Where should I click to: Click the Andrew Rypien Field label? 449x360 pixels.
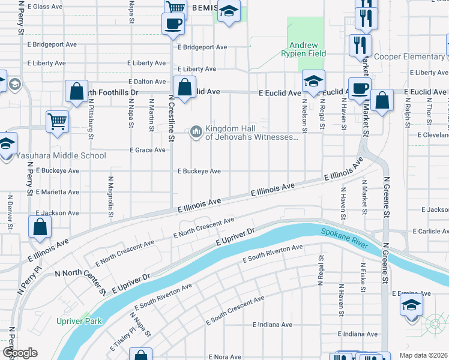tap(307, 49)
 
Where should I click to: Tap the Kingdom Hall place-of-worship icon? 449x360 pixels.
tap(196, 132)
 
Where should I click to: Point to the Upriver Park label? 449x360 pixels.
tap(79, 321)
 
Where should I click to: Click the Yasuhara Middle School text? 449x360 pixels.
tap(61, 156)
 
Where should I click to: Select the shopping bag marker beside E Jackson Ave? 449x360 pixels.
tap(40, 227)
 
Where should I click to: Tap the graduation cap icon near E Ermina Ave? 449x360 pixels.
tap(411, 304)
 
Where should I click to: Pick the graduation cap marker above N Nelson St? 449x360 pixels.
tap(313, 81)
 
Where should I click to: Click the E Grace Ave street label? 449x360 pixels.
tap(147, 150)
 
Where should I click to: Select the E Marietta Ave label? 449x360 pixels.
tap(57, 192)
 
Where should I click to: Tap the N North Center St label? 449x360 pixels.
tap(80, 282)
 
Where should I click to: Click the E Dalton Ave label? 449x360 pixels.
tap(147, 82)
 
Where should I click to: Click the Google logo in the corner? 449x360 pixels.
tap(19, 353)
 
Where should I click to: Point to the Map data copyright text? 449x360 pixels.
tap(424, 355)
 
